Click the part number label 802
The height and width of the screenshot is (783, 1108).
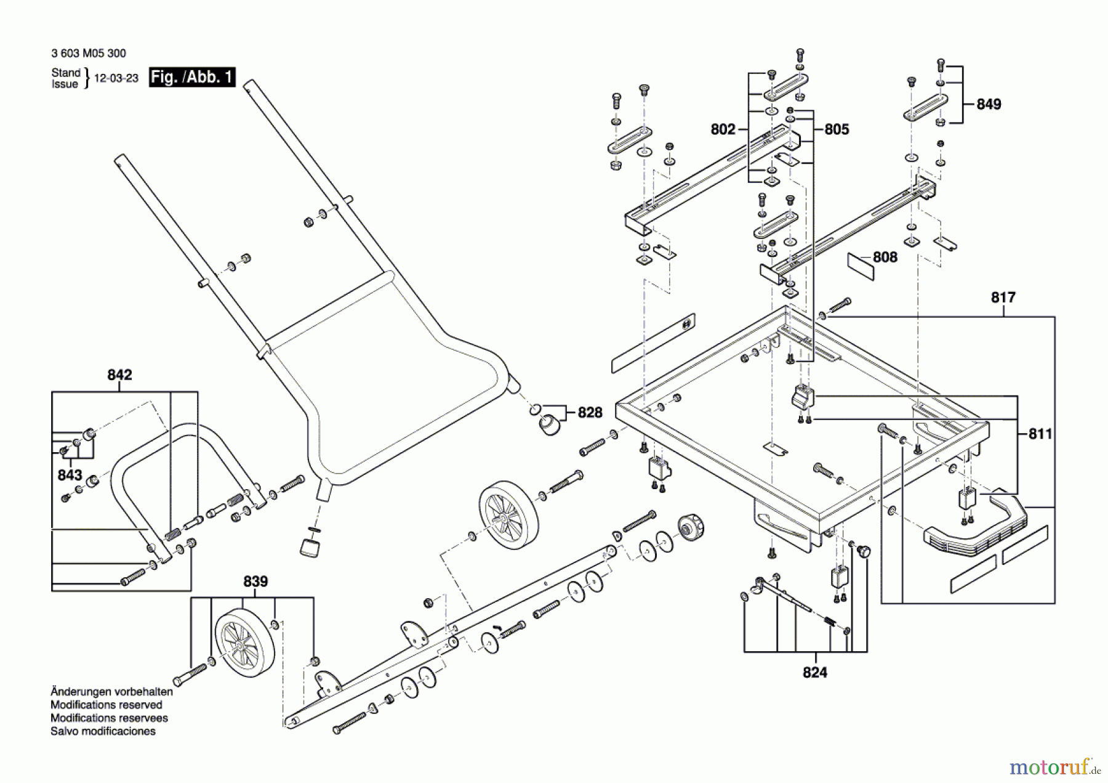723,129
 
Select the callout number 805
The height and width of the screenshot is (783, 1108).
837,129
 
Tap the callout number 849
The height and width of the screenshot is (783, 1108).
989,104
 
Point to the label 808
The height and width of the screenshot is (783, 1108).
885,257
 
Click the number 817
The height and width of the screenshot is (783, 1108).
1003,298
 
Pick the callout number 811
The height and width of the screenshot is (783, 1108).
1040,434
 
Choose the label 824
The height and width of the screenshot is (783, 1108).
814,672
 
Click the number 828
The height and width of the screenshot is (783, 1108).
590,412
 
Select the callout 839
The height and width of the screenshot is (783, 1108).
255,582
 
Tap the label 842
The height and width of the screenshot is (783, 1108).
119,375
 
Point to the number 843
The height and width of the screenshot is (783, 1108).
70,475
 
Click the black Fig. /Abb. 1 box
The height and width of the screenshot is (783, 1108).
192,77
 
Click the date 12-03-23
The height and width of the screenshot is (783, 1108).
116,78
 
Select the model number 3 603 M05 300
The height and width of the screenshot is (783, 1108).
89,54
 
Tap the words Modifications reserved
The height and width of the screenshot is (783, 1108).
106,705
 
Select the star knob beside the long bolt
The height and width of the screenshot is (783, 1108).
691,528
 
